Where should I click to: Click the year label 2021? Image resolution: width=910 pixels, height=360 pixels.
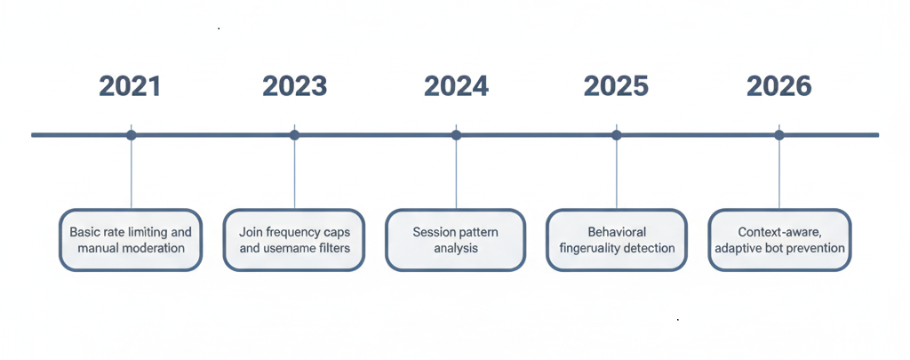[x=130, y=86]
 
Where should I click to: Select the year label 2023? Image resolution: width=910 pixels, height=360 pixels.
[x=294, y=86]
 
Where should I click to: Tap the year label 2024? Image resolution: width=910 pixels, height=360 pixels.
[x=456, y=86]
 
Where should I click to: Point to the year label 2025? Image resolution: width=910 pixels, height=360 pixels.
[x=616, y=86]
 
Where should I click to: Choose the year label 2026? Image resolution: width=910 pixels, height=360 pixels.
[x=778, y=86]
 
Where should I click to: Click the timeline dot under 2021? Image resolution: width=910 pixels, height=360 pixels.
[x=132, y=135]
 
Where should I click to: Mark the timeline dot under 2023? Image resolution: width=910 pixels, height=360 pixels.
[x=294, y=135]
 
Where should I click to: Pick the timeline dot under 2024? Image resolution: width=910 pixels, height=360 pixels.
[x=456, y=135]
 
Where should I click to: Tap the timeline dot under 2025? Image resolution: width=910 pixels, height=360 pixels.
[x=617, y=135]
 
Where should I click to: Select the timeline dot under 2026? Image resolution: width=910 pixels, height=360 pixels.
[x=779, y=135]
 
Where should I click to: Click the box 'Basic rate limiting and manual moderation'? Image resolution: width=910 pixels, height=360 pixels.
[x=131, y=240]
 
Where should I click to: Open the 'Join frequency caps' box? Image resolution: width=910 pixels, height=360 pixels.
[x=294, y=240]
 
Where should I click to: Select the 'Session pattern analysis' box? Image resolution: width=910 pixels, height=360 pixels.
[x=456, y=240]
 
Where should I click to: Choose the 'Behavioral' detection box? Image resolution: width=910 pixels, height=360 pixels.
[x=617, y=240]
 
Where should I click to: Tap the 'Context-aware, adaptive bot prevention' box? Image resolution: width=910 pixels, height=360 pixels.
[x=779, y=240]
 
